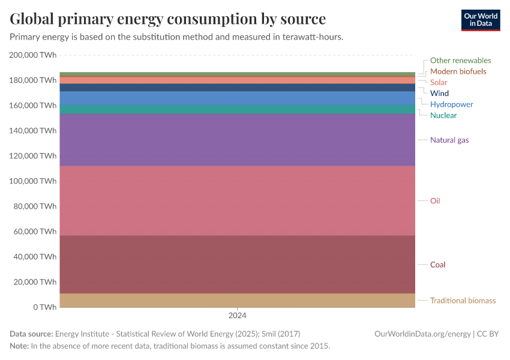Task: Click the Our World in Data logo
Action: tap(480, 20)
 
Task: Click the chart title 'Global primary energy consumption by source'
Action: tap(167, 19)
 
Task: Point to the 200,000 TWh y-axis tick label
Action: tap(33, 55)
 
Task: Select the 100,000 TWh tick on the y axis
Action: tap(33, 181)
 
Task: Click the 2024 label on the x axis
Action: tap(237, 316)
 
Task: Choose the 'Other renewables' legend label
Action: tap(460, 61)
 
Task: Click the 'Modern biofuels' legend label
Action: tap(458, 71)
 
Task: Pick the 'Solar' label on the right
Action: tap(439, 82)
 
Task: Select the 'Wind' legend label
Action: tap(439, 94)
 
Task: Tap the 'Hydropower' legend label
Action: tap(451, 104)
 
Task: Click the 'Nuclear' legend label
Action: tap(443, 115)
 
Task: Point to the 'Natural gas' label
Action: tap(449, 140)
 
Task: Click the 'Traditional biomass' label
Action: tap(463, 301)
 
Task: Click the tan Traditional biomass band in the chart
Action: tap(237, 300)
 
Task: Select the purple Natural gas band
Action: tap(237, 140)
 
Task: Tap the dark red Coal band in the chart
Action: tap(237, 264)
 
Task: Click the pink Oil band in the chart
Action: tap(237, 200)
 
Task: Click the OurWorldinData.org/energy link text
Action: tap(422, 334)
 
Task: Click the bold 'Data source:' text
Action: tap(31, 334)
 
